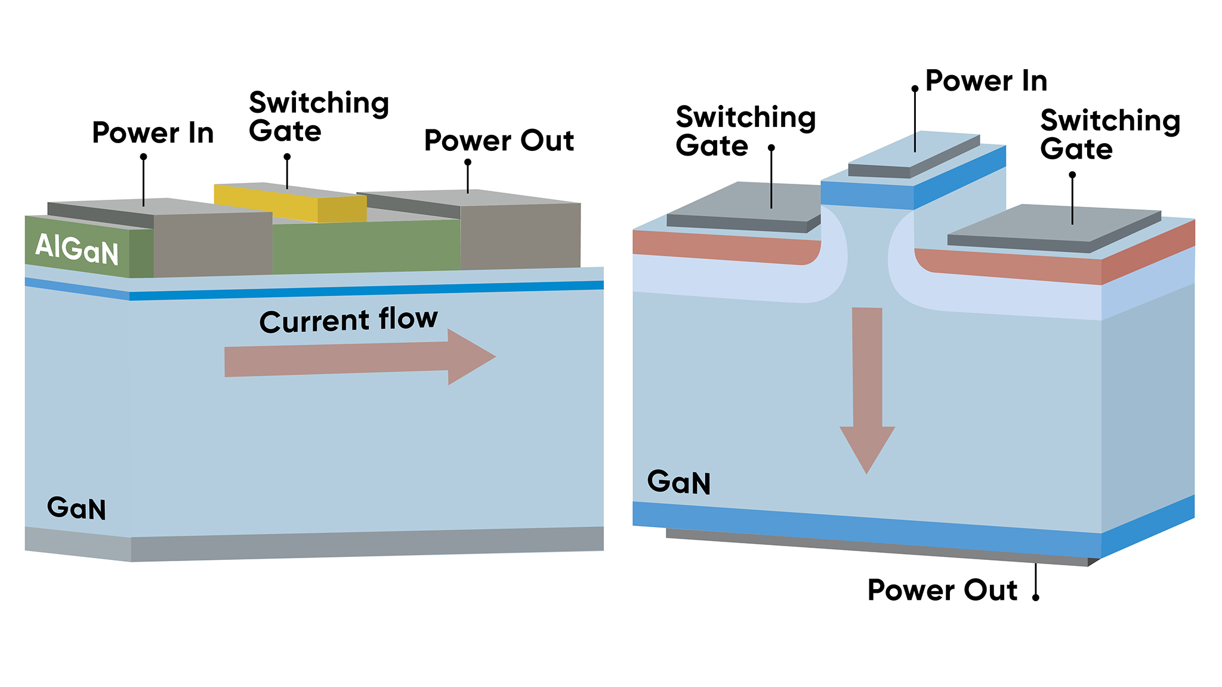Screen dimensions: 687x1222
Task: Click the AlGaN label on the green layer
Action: [x=77, y=249]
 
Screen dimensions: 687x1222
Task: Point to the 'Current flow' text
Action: [x=348, y=320]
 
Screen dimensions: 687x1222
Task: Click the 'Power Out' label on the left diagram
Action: [x=499, y=141]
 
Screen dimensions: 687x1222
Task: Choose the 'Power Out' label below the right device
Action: [x=942, y=590]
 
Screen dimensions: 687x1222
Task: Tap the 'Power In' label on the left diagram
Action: [x=153, y=133]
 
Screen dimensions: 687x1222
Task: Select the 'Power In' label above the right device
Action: [x=986, y=81]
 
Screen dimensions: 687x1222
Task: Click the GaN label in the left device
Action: [x=76, y=508]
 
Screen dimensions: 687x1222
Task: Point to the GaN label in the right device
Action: [x=679, y=482]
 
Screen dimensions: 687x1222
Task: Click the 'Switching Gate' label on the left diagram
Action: [x=319, y=117]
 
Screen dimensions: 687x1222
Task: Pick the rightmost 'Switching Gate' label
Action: [x=1110, y=135]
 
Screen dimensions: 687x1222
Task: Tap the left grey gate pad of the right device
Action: [x=746, y=203]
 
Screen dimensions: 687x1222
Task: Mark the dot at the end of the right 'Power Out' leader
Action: [x=1036, y=598]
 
